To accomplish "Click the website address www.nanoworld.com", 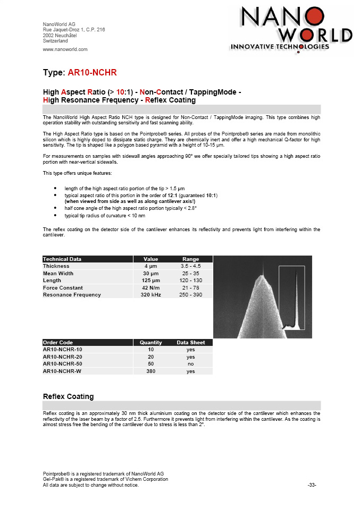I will [x=65, y=49].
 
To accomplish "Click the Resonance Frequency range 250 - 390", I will [x=190, y=295].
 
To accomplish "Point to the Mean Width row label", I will [x=58, y=274].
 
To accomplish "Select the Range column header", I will [x=190, y=259].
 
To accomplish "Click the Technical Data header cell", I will [x=62, y=259].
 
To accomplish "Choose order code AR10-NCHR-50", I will [x=63, y=364].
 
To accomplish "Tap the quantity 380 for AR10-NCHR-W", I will [x=150, y=372].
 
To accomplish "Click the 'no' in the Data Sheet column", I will [x=190, y=364].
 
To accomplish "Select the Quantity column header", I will [x=150, y=343].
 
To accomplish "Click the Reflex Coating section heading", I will [x=68, y=396].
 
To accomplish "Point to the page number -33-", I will [x=312, y=485].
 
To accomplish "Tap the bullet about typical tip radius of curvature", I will [x=104, y=216].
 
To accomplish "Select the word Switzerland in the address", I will [x=55, y=40].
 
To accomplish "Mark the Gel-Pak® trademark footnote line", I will [x=105, y=479].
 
